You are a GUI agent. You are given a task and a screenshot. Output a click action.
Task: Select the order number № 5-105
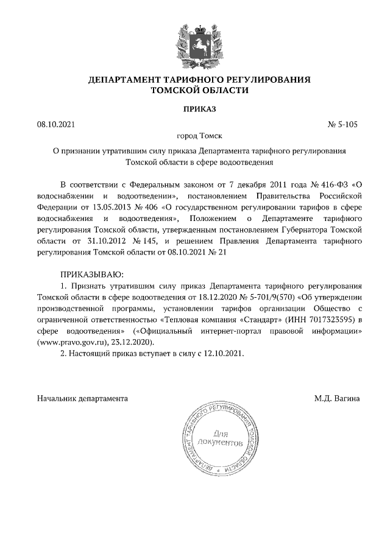(x=342, y=124)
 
